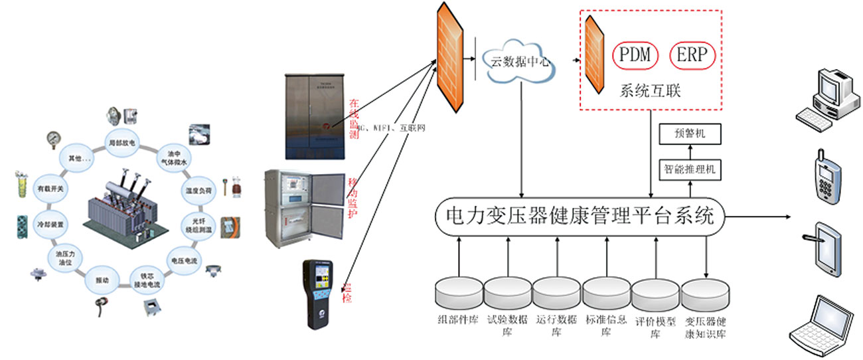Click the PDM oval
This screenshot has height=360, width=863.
point(635,55)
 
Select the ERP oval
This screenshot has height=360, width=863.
point(692,55)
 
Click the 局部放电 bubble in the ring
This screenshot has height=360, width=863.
point(121,143)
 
